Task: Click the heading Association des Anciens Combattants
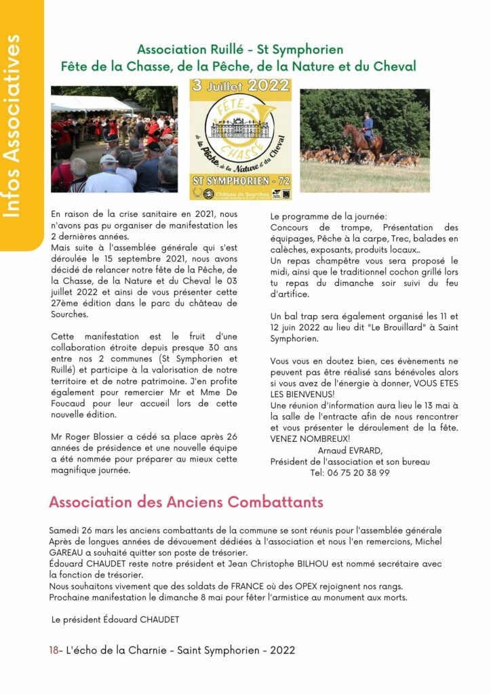tap(186, 502)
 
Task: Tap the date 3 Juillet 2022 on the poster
tap(241, 87)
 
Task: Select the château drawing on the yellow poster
tap(239, 127)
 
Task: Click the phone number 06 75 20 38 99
tap(359, 473)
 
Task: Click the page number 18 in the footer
tap(54, 650)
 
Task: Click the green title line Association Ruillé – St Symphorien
tap(239, 49)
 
